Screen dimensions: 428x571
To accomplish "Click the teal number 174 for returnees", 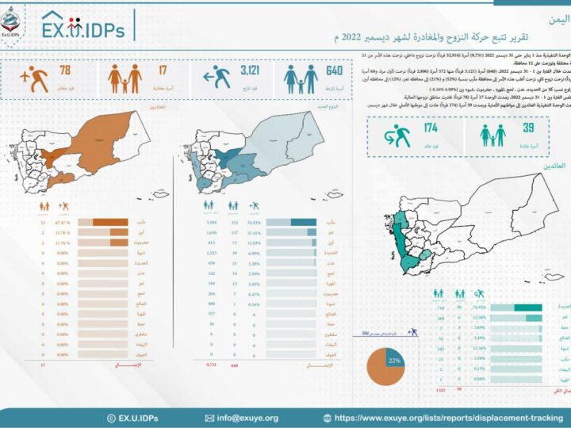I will coord(431,128).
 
